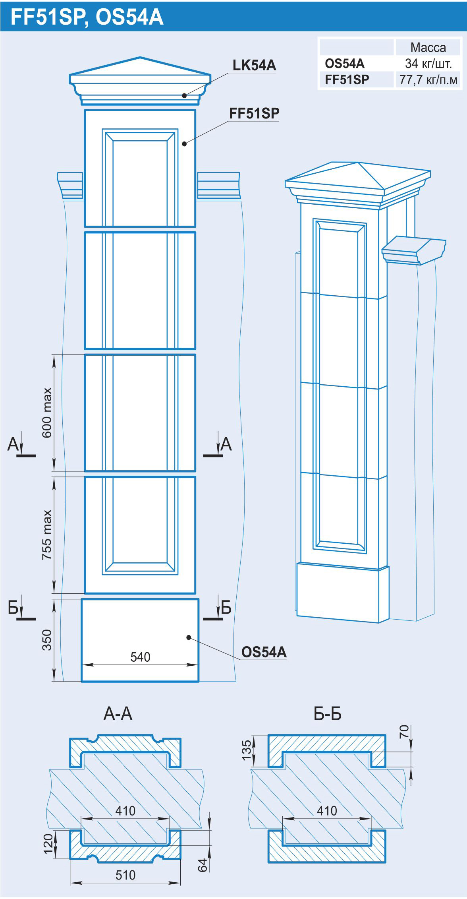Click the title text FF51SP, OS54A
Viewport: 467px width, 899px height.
point(87,17)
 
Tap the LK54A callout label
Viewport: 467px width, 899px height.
point(254,65)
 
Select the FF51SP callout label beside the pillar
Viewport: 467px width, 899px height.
point(254,113)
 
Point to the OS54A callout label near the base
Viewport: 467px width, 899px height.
point(264,652)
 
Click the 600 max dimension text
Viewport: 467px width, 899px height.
point(47,413)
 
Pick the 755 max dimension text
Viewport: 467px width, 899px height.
point(47,535)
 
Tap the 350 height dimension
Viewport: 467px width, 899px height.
point(47,640)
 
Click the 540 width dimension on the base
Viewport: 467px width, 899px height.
point(140,657)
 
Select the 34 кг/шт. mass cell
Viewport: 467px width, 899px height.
point(428,64)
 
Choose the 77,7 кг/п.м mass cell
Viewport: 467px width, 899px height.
point(428,80)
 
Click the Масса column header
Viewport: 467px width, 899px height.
point(428,48)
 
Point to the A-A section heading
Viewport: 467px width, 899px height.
point(118,714)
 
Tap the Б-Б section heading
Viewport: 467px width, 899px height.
point(328,714)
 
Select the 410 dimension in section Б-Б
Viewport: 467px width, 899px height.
point(327,811)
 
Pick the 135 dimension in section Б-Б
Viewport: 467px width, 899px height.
point(247,750)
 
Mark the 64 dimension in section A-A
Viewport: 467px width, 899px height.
point(203,865)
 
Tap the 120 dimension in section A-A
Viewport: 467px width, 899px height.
point(48,843)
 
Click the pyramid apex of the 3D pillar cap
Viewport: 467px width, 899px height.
point(358,162)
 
